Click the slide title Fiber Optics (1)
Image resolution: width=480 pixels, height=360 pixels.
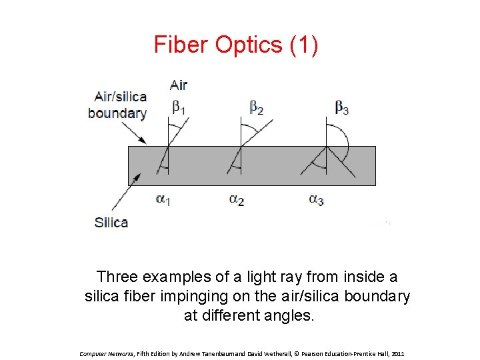[x=236, y=45]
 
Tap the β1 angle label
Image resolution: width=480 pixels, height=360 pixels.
[x=179, y=107]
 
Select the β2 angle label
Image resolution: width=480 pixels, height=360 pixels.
[x=256, y=107]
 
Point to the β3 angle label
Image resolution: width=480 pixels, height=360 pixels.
[x=341, y=107]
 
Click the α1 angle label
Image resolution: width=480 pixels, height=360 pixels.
[x=163, y=199]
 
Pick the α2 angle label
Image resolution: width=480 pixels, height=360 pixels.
[x=236, y=199]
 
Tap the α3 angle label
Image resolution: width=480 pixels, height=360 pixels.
[x=316, y=199]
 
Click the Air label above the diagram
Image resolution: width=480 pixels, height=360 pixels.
[x=179, y=85]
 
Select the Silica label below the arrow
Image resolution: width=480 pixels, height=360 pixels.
[x=111, y=222]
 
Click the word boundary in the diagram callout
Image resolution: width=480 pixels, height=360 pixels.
[x=117, y=113]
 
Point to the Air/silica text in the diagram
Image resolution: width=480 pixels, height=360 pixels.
[x=121, y=97]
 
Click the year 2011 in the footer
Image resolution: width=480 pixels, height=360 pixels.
[x=398, y=353]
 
